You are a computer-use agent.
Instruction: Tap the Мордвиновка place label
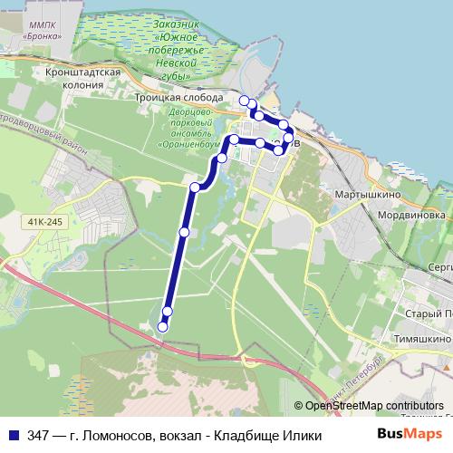[x=411, y=217]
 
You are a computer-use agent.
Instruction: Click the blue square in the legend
[x=14, y=436]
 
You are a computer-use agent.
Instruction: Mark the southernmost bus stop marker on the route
[x=163, y=326]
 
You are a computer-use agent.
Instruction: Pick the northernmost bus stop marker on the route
[x=245, y=100]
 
